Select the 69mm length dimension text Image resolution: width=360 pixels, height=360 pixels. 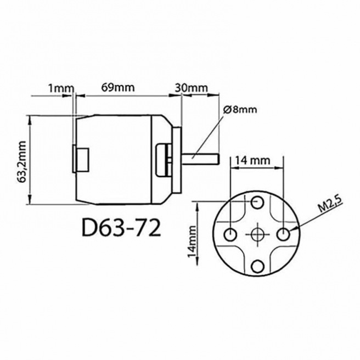tap(117, 87)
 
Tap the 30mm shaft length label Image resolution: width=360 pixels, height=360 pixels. tap(191, 87)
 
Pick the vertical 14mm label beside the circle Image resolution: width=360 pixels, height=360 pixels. tap(191, 241)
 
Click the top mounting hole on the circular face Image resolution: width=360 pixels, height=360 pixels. tap(257, 203)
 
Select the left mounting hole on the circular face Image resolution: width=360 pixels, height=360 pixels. tap(230, 234)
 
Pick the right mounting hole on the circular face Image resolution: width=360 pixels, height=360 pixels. tap(284, 234)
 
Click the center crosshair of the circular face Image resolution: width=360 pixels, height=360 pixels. tap(257, 234)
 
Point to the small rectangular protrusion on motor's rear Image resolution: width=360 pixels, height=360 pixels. tap(82, 159)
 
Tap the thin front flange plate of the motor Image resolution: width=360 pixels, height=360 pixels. tap(177, 159)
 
